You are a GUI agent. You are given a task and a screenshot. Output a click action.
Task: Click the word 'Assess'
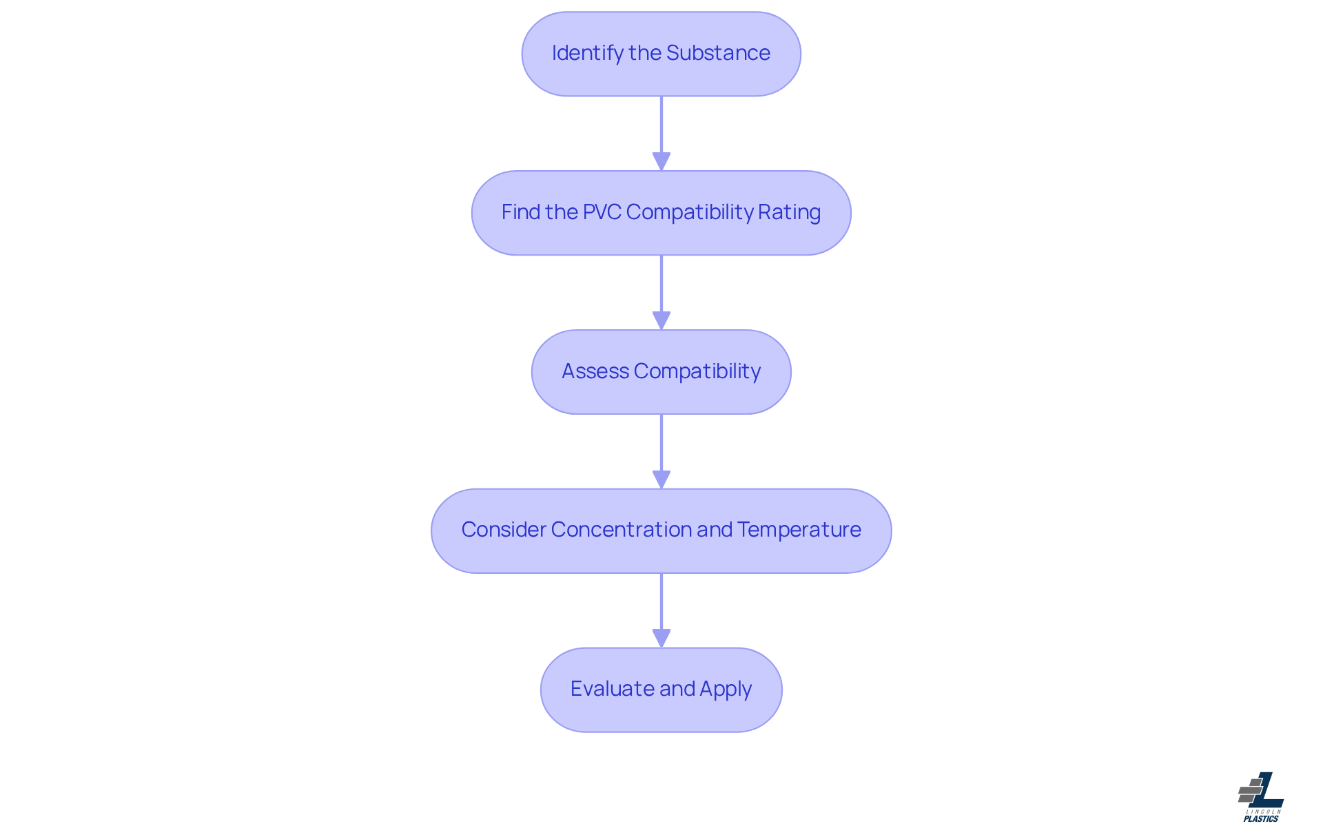tap(595, 371)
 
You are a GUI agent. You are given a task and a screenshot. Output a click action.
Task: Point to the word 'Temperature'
tap(799, 530)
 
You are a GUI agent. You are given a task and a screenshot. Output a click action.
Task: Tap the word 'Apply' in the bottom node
tap(725, 689)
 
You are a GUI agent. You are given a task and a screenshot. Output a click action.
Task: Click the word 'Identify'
tap(587, 53)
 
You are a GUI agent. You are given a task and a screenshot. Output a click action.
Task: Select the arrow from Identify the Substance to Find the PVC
tap(661, 131)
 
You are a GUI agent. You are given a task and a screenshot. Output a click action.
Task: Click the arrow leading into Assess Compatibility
tap(661, 291)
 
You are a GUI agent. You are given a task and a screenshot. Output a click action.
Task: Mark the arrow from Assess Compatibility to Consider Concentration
tap(661, 449)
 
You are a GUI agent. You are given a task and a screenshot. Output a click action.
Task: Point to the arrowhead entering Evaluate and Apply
tap(661, 639)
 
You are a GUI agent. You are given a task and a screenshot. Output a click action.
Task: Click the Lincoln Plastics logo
tap(1261, 796)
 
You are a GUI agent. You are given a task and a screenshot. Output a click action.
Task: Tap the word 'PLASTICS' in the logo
tap(1261, 819)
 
